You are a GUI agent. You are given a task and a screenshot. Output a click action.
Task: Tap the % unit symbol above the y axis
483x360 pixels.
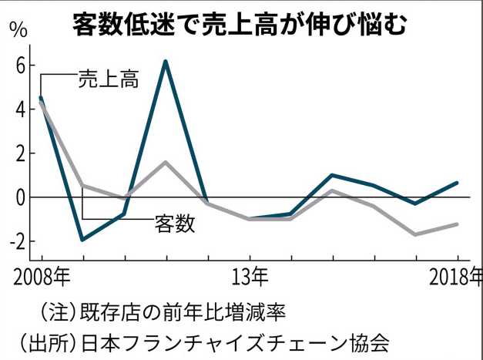[17, 32]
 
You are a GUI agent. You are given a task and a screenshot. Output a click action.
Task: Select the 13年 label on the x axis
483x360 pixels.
[250, 275]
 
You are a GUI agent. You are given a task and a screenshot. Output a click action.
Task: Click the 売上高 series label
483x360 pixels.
[108, 79]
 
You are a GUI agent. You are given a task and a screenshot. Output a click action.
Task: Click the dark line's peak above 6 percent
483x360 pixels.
[166, 61]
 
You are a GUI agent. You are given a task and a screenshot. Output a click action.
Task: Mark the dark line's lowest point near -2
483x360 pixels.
[82, 240]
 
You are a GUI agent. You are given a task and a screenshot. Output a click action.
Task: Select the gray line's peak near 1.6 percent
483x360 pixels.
[166, 162]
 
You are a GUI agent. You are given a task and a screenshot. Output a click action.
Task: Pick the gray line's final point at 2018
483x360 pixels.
[458, 224]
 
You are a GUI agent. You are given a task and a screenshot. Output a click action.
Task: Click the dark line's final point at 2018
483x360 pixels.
[458, 183]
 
